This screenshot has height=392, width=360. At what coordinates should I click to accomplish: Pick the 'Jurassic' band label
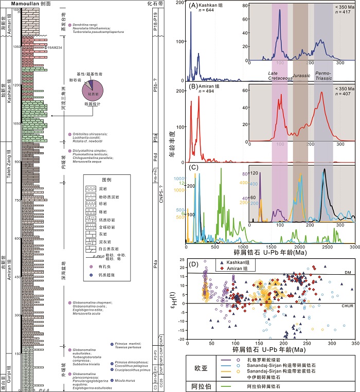point(301,76)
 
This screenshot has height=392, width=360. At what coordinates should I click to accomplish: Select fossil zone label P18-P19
point(157,21)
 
